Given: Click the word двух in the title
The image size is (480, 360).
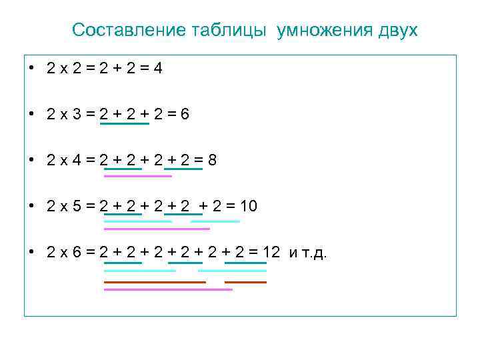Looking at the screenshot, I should click(397, 31).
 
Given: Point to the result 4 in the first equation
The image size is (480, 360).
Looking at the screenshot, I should click(157, 68).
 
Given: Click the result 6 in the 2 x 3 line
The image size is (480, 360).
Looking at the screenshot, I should click(185, 114).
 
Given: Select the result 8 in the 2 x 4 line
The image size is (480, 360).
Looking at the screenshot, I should click(212, 161).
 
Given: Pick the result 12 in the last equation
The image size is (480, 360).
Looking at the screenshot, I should click(271, 253).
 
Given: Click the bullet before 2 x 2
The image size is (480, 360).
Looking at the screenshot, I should click(32, 68).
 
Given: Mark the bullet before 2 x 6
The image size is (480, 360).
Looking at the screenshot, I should click(32, 253).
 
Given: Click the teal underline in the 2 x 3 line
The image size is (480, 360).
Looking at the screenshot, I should click(124, 123).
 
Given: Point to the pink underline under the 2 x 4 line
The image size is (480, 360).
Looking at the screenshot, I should click(138, 176).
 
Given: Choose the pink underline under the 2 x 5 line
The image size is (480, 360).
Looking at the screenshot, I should click(157, 229).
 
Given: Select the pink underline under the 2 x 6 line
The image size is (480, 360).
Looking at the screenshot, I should click(168, 289).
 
